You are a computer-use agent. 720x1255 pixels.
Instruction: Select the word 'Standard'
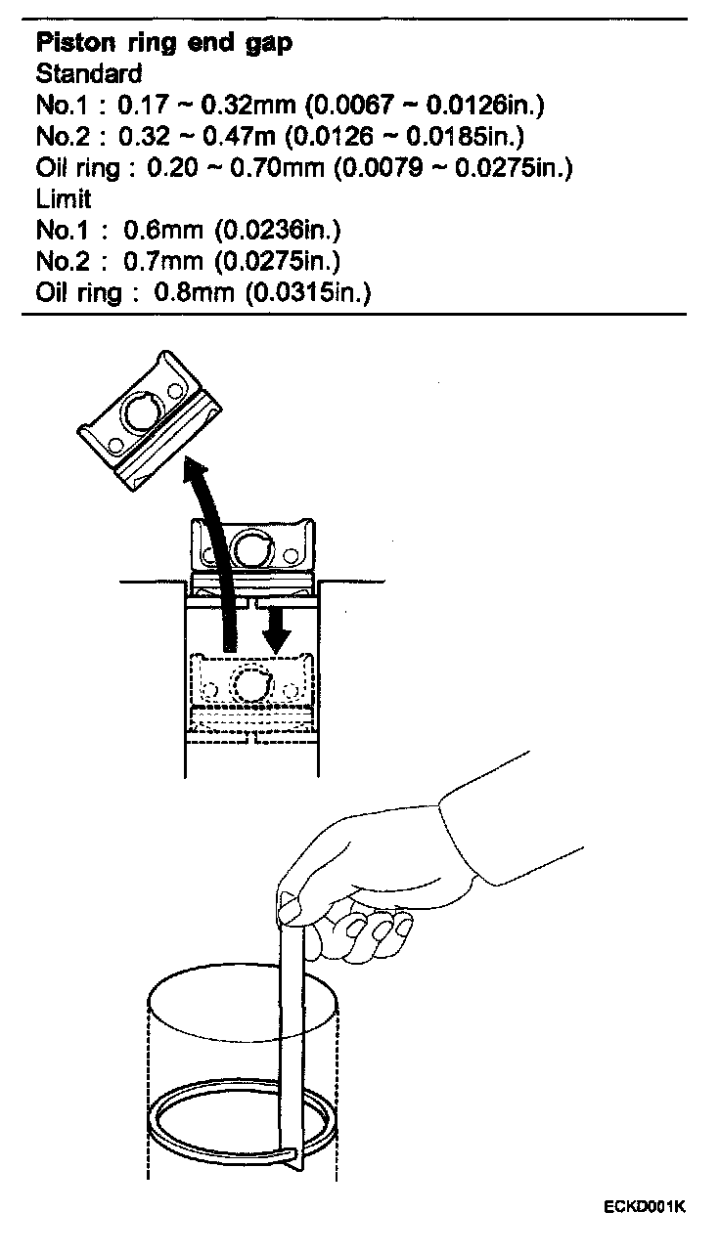(x=89, y=73)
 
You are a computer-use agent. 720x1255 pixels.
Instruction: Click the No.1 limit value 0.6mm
(x=157, y=231)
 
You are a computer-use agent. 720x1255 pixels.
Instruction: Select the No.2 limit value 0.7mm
(x=157, y=262)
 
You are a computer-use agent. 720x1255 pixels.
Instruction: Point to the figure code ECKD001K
(x=644, y=1206)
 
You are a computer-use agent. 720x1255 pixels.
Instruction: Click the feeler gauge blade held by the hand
(x=294, y=1026)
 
